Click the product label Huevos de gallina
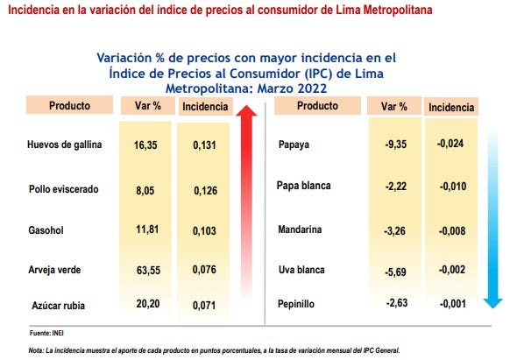tap(65, 145)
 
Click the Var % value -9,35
tap(395, 145)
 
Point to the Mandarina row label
tap(301, 229)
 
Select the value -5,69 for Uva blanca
tap(395, 270)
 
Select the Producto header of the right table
tap(317, 106)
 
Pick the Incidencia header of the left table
tap(203, 107)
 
